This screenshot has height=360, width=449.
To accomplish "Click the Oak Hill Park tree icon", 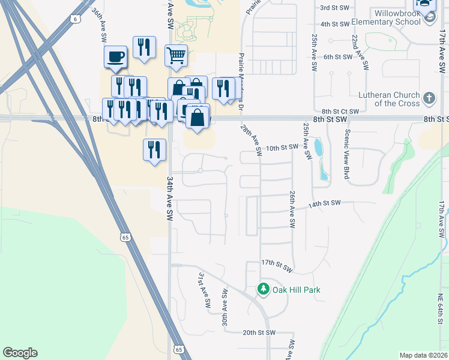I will tap(264, 289).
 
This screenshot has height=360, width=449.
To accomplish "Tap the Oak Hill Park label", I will tap(297, 290).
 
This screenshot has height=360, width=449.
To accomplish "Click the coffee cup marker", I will tap(115, 58).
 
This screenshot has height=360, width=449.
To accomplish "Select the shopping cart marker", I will tap(176, 56).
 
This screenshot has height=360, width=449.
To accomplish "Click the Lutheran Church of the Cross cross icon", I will tap(429, 97).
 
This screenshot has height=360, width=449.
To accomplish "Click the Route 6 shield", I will tap(74, 19).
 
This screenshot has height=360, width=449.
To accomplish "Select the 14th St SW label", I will tap(324, 203).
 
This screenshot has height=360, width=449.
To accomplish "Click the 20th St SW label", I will tap(259, 332).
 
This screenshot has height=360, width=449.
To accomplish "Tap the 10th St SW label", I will tap(282, 147).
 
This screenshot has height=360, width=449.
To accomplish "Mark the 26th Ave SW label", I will tap(292, 210).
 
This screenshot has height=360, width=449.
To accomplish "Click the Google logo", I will tap(20, 353).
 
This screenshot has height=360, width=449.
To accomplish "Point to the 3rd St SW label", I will tap(335, 8).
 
